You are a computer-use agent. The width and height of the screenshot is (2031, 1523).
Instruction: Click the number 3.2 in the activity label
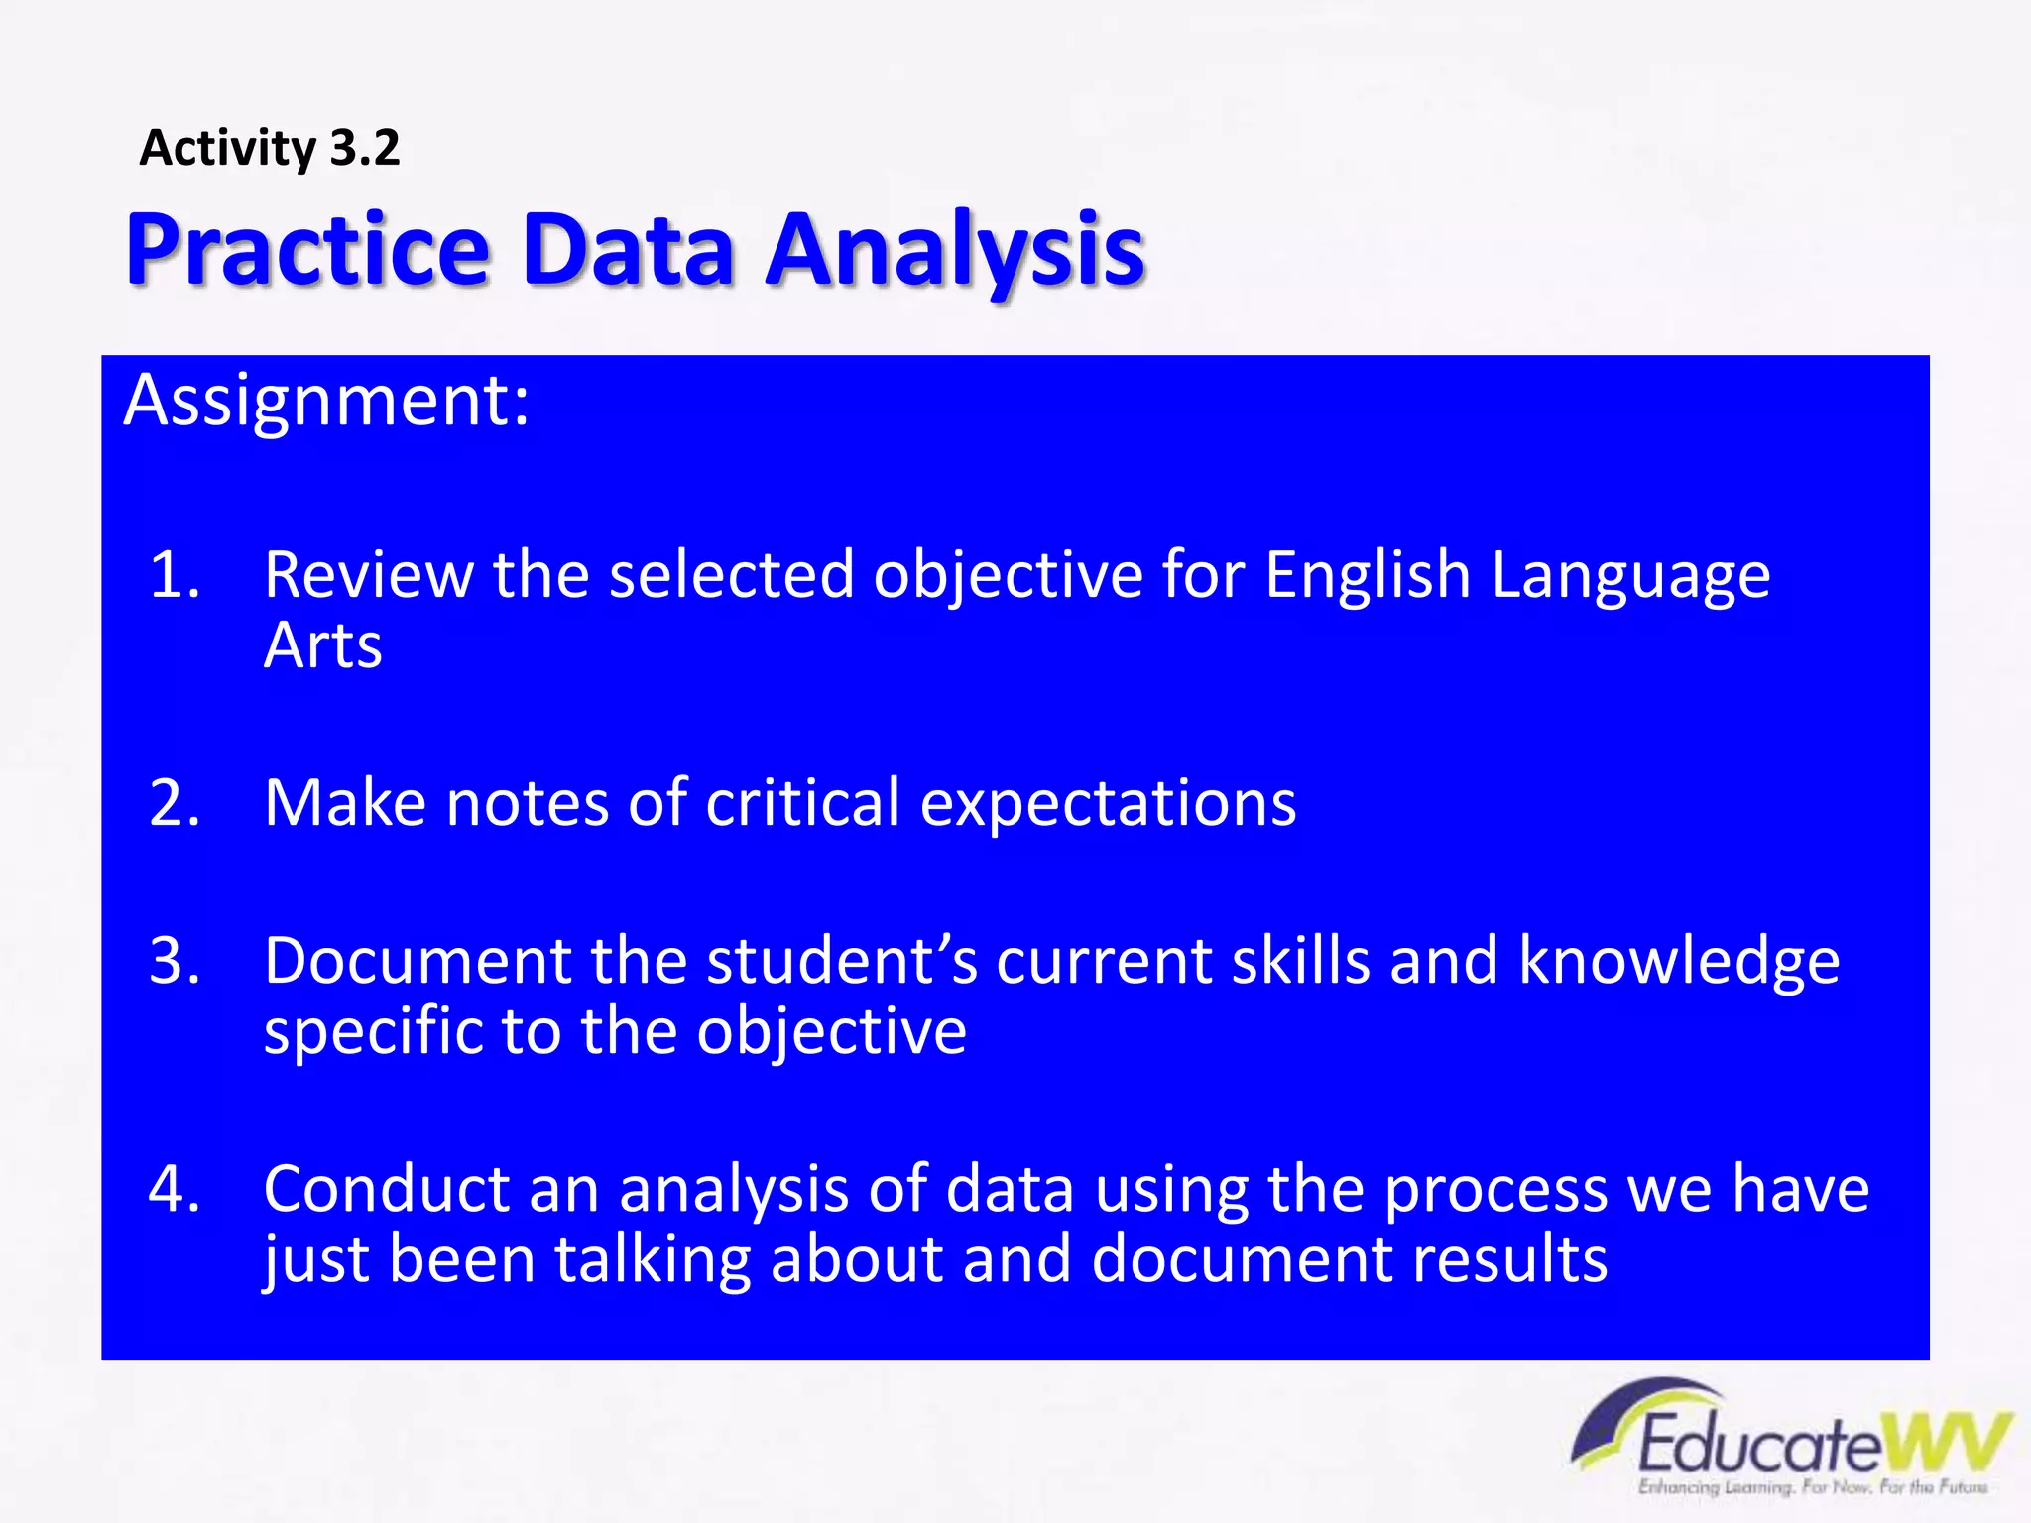click(x=364, y=149)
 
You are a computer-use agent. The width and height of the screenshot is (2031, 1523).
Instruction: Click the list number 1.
click(x=175, y=574)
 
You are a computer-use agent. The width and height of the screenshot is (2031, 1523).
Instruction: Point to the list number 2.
click(x=175, y=802)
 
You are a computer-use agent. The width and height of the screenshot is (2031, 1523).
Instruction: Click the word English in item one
click(x=1368, y=574)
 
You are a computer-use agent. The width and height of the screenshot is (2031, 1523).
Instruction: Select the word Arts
click(x=322, y=646)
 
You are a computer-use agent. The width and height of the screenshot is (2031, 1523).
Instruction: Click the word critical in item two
click(x=802, y=802)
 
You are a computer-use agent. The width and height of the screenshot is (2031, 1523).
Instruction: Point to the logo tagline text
click(x=1813, y=1487)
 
